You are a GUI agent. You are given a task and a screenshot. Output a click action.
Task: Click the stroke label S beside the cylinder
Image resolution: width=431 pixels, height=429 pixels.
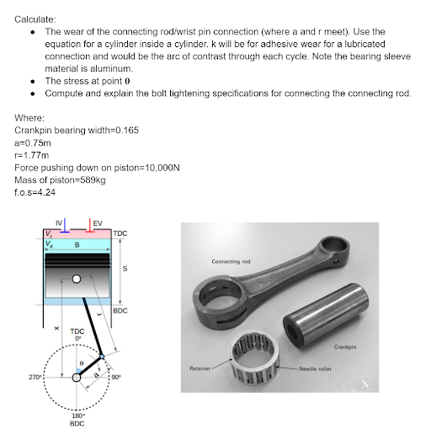[x=125, y=269]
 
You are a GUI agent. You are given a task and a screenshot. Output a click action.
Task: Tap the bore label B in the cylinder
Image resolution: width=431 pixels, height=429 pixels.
[x=77, y=244]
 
